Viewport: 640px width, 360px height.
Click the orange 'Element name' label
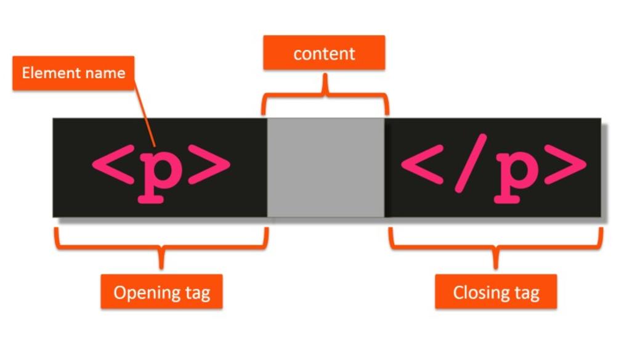tap(73, 73)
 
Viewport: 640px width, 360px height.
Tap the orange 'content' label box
tap(324, 53)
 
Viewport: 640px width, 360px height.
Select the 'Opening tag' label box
tap(161, 292)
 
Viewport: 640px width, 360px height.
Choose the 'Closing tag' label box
tap(496, 292)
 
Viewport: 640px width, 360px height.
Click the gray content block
tap(326, 167)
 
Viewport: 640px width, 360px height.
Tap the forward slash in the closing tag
tap(466, 165)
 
